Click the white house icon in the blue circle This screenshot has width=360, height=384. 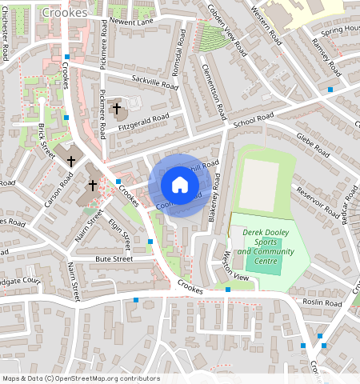click(180, 186)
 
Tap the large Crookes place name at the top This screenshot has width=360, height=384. click(65, 13)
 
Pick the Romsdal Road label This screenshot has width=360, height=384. click(178, 56)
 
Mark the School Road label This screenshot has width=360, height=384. click(249, 123)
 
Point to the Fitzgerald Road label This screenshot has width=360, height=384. click(144, 118)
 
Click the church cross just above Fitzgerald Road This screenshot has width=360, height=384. click(116, 107)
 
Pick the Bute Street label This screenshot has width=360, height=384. click(114, 259)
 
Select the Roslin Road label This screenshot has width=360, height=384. click(322, 303)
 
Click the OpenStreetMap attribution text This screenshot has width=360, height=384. click(80, 378)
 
